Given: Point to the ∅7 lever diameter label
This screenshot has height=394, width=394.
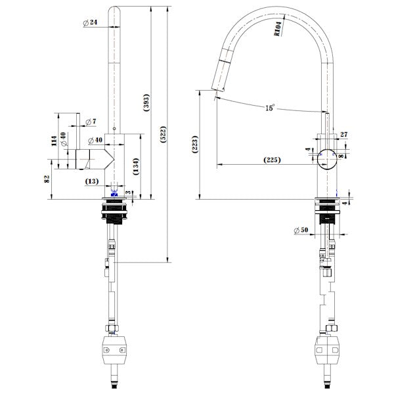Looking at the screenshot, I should click(x=90, y=121).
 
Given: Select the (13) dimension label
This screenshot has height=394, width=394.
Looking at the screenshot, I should click(x=92, y=181).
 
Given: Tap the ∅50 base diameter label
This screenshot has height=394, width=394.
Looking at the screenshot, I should click(x=301, y=229).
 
